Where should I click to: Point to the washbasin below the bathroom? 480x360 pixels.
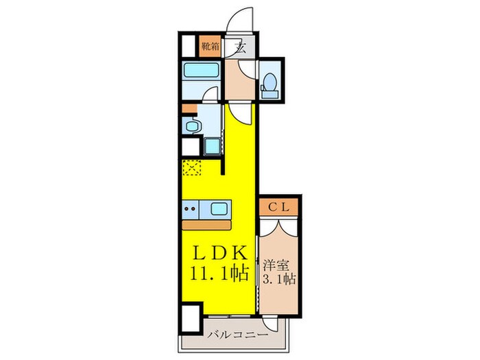[x=191, y=125]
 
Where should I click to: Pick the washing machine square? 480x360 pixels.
[x=211, y=147]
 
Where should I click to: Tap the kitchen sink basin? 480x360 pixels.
[x=220, y=208]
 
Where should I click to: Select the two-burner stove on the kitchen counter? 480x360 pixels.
[x=192, y=208]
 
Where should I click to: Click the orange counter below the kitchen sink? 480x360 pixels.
[x=206, y=224]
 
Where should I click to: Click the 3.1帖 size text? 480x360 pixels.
[x=278, y=279]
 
